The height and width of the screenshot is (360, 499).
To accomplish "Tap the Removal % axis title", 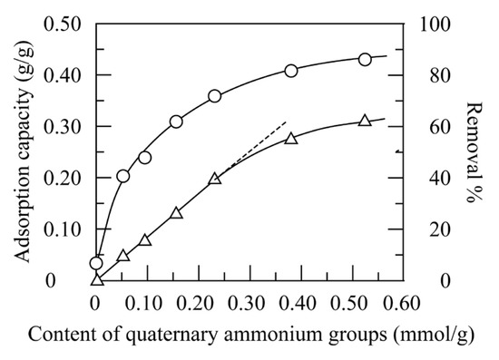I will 473,151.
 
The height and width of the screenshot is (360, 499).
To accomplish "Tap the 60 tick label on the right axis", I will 433,127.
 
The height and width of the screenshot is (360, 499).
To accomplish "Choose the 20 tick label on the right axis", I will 433,229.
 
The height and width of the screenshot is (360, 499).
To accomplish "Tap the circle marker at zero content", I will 96,264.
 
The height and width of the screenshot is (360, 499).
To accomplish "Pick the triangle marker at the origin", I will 97,279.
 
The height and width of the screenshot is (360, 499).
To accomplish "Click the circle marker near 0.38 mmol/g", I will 291,71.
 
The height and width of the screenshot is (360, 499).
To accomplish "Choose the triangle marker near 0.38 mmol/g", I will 291,138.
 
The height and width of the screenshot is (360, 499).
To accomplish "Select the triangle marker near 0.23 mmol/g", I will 215,180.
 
